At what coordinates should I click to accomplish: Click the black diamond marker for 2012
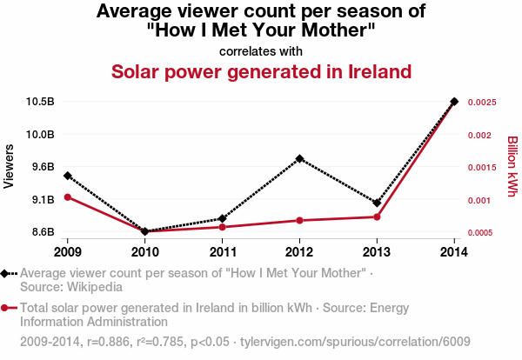pos(299,159)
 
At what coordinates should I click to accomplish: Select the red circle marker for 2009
pos(67,197)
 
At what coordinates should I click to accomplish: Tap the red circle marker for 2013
pos(377,217)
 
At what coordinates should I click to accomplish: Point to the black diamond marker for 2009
pos(67,176)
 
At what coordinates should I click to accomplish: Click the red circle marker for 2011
pos(222,227)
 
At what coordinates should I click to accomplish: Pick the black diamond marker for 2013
pos(377,203)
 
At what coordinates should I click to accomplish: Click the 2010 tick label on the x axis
pos(144,252)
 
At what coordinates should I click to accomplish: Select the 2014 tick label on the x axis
pos(454,252)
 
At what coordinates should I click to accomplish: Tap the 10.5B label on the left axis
pos(40,102)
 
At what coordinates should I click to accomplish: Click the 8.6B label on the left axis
pos(43,232)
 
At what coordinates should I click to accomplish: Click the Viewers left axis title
pos(10,165)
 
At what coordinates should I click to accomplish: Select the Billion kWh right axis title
pos(512,166)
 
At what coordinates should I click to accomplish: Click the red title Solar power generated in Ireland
pos(261,70)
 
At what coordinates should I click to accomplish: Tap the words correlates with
pos(261,50)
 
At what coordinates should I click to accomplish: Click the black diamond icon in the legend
pos(6,273)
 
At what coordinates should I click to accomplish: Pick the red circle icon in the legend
pos(6,308)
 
